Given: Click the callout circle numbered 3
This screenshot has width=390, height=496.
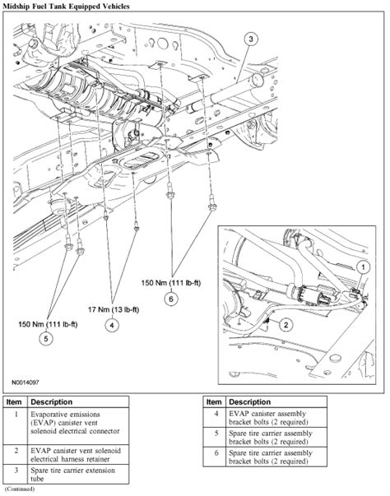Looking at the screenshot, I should click(x=252, y=39).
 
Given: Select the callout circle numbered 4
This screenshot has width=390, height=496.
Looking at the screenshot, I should click(x=109, y=325).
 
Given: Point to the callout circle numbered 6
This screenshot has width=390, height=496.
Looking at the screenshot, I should click(x=171, y=299).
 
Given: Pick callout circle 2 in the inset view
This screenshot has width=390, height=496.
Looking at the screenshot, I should click(x=286, y=325).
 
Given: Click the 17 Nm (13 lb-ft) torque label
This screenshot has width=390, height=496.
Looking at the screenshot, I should click(x=110, y=311).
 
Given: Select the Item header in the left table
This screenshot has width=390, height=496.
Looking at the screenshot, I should click(x=16, y=402).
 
